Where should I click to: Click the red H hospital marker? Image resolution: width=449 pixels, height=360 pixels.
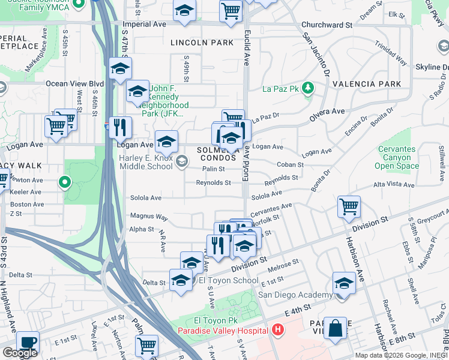(x=277, y=330)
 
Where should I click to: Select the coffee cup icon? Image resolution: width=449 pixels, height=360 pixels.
(x=28, y=342)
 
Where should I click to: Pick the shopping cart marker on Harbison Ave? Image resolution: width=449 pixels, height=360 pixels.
(x=349, y=206)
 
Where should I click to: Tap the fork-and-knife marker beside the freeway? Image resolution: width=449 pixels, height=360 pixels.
(x=120, y=127)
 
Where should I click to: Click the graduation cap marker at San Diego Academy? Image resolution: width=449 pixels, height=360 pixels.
(x=345, y=283)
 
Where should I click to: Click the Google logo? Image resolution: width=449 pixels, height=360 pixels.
(x=20, y=353)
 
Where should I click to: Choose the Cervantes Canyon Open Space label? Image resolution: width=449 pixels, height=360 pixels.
(x=396, y=157)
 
